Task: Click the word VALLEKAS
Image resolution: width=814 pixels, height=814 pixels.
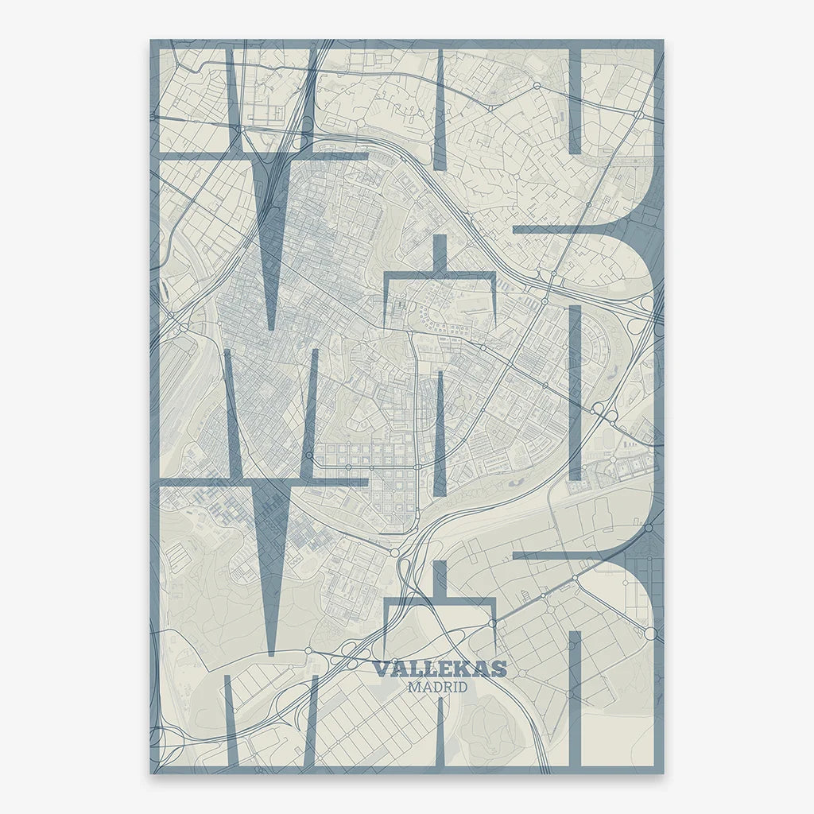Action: tap(439, 669)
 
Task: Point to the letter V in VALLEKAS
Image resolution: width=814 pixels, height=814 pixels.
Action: tap(381, 669)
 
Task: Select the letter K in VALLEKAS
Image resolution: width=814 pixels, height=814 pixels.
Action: tap(464, 669)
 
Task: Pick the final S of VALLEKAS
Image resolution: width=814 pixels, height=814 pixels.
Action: tap(498, 669)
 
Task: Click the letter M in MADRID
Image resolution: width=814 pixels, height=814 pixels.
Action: tap(413, 687)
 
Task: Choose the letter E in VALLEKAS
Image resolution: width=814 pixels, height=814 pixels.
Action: tap(447, 669)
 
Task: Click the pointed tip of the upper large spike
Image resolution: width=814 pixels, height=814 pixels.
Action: tap(271, 328)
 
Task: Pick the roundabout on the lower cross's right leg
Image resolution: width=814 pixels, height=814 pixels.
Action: tap(494, 623)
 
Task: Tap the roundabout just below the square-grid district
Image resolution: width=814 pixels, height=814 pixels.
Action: tap(394, 551)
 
